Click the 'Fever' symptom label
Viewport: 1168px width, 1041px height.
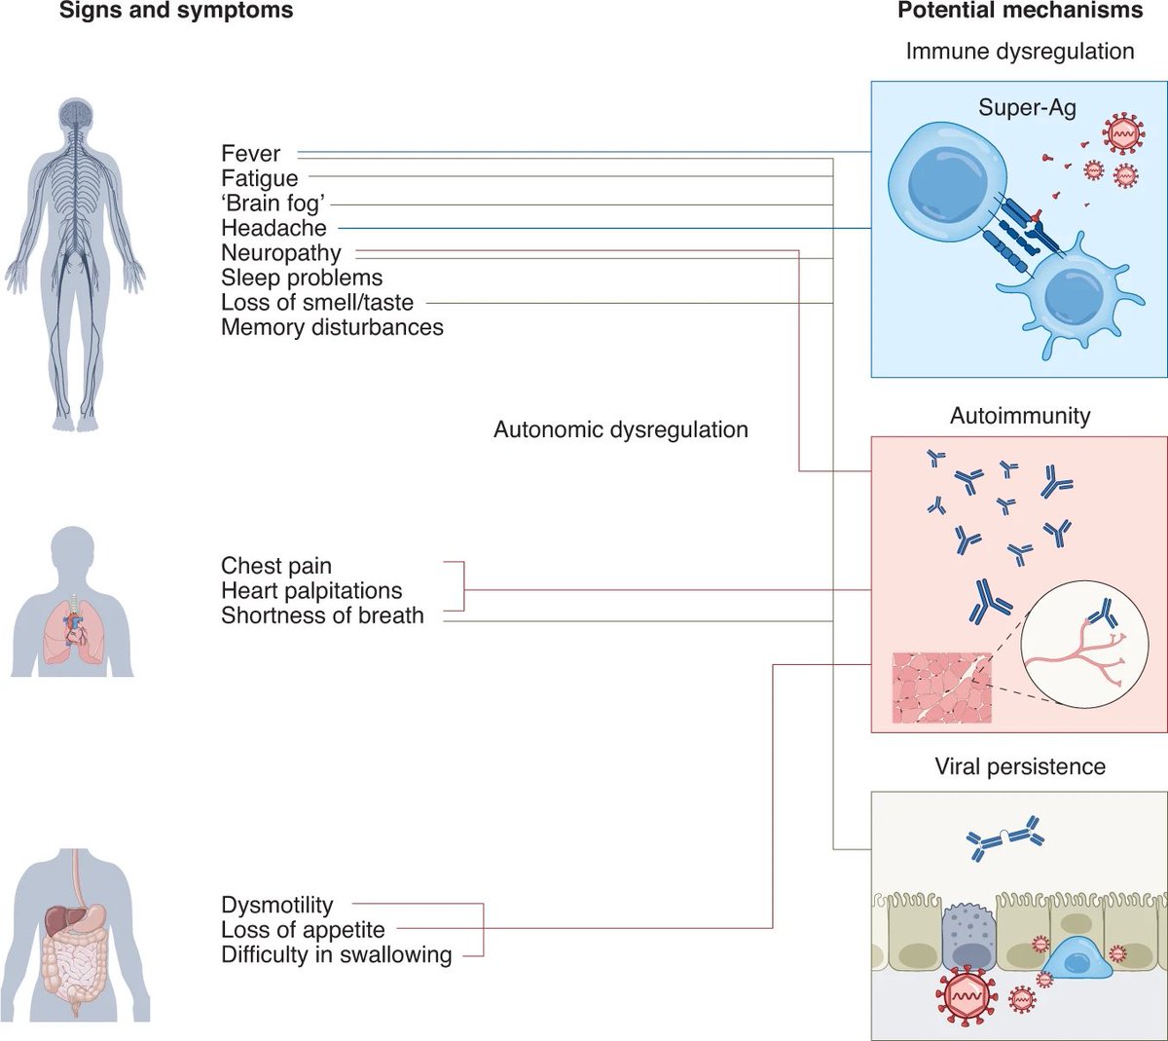click(x=250, y=154)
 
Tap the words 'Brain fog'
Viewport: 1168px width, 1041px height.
click(x=274, y=203)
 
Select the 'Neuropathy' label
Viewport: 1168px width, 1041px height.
click(x=281, y=252)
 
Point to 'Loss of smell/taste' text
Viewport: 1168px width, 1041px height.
click(x=317, y=302)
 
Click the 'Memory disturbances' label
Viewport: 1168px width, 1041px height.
click(x=333, y=327)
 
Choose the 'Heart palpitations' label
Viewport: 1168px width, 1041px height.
click(x=311, y=590)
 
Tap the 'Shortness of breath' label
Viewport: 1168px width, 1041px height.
click(x=323, y=615)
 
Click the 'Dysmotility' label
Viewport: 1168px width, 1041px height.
click(x=277, y=905)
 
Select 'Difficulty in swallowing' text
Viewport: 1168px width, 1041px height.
click(x=337, y=954)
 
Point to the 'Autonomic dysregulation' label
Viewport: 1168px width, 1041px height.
click(x=621, y=429)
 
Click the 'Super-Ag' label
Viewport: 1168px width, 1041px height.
click(x=1027, y=108)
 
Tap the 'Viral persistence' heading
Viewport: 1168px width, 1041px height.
click(x=1020, y=766)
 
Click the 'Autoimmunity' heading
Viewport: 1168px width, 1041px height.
click(x=1020, y=416)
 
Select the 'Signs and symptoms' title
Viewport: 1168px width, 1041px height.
click(x=176, y=11)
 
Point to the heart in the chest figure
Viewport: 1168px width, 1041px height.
click(x=75, y=630)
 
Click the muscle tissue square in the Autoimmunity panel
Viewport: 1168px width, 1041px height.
click(x=942, y=688)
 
